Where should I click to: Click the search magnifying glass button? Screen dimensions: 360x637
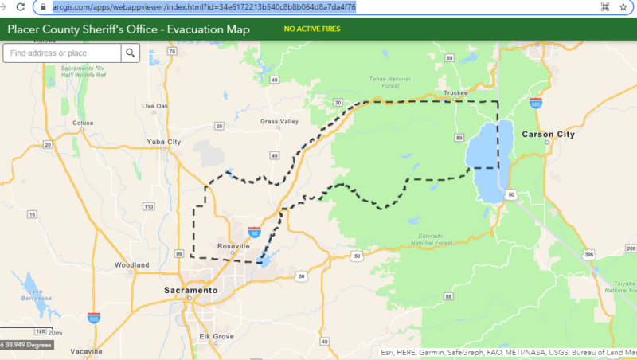[131, 53]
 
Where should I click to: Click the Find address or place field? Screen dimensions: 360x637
[62, 53]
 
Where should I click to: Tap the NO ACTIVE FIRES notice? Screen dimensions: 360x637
[311, 30]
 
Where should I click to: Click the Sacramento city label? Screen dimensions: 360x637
[190, 291]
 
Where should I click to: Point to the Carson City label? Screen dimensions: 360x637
[548, 135]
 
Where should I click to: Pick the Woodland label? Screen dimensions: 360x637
[131, 264]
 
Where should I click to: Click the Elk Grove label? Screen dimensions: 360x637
[216, 337]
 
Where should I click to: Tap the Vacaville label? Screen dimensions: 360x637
[85, 351]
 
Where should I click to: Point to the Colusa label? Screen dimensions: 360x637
[83, 123]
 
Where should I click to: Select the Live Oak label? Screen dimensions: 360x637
[154, 106]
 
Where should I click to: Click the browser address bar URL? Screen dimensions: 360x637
[204, 6]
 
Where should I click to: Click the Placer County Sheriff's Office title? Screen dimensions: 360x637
[128, 29]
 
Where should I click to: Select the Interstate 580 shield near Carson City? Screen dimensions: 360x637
[535, 102]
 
